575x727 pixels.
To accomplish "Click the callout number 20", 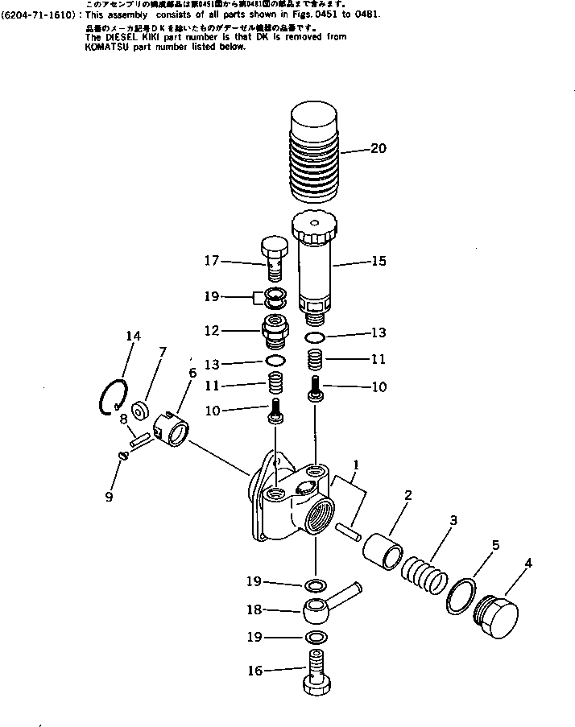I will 378,148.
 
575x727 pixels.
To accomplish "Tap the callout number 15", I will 378,261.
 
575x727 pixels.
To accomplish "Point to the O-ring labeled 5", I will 462,596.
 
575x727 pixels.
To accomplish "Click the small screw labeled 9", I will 122,456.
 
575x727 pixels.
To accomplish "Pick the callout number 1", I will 356,465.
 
